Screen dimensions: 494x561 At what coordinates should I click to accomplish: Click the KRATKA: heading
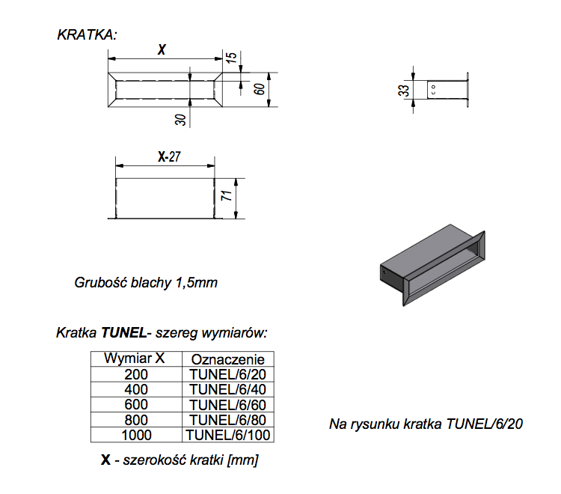click(87, 34)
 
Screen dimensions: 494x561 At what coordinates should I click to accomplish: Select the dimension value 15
click(230, 57)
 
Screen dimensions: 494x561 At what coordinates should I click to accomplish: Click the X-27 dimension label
click(170, 158)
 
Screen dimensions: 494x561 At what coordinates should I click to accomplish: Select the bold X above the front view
click(161, 50)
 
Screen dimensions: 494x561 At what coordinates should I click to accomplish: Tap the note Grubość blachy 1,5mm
click(146, 283)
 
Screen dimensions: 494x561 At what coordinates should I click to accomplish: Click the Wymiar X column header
click(135, 357)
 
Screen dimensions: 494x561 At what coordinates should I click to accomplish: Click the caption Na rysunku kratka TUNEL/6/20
click(426, 424)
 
